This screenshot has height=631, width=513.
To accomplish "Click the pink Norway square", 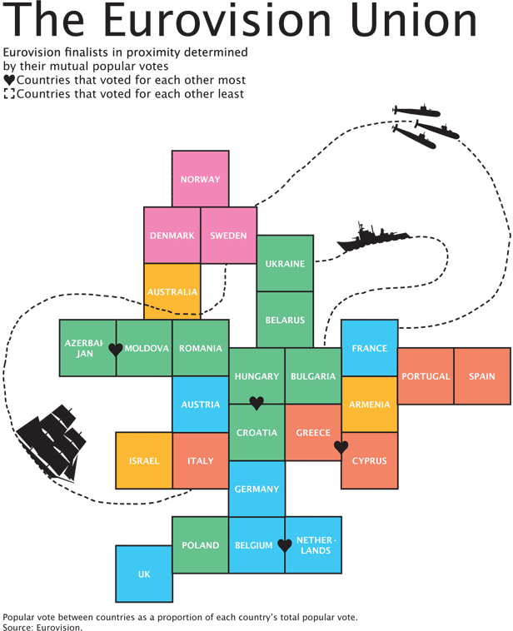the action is point(201,179).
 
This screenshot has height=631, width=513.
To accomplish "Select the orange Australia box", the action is point(172,291).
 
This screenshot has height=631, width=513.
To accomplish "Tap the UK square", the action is point(144,574).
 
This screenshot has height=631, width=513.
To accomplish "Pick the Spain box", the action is point(482,376).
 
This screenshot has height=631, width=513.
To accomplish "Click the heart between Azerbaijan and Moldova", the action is point(116,350).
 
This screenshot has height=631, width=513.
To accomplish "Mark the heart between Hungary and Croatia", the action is point(256,403).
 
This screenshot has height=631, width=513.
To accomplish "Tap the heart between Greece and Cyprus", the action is point(341,447).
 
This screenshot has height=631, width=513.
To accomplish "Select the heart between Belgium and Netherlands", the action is point(285,546).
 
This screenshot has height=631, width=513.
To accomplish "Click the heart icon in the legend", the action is point(9,80).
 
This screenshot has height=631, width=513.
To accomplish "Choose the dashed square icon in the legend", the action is point(9,94).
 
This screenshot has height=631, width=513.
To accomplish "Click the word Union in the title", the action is point(414,20).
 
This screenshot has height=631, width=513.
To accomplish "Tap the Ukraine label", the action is point(285,264).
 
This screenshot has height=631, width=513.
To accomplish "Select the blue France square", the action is point(369,348).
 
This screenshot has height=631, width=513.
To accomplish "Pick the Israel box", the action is point(144,461).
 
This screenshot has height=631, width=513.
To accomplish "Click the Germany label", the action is point(256,489).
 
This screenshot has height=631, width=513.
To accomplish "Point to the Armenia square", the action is point(369,405).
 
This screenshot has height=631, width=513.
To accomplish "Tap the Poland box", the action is point(201,545).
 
